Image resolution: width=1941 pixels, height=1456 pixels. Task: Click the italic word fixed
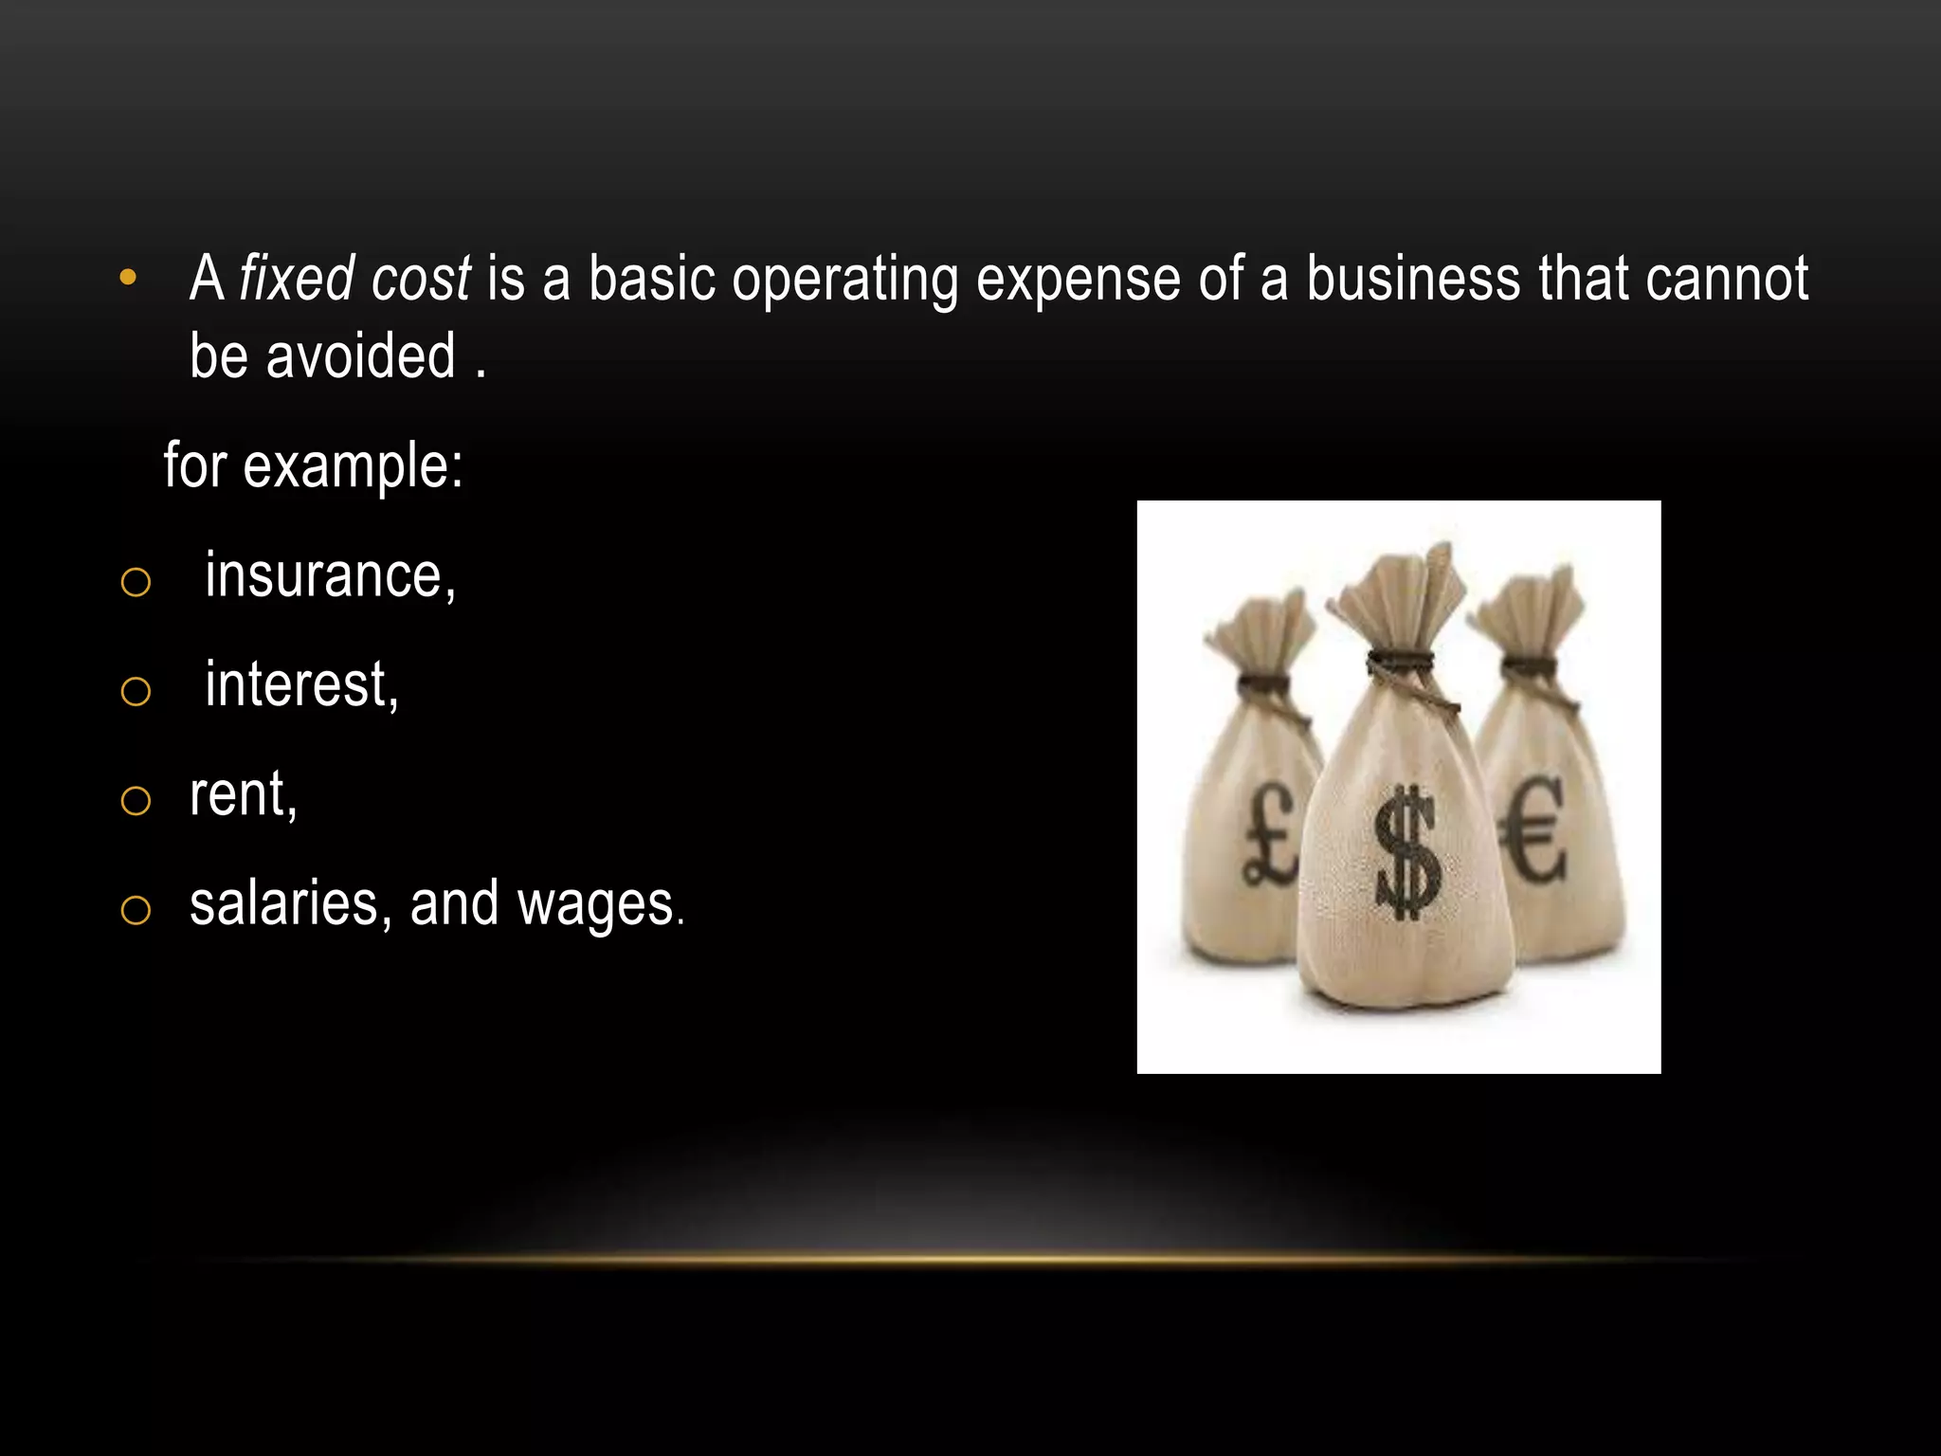pyautogui.click(x=297, y=279)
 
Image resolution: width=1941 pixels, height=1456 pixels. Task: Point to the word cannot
pyautogui.click(x=1727, y=279)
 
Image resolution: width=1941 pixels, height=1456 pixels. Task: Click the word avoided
pyautogui.click(x=360, y=356)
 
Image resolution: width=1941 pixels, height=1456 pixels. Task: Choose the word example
pyautogui.click(x=353, y=466)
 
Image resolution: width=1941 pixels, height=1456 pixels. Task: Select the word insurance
pyautogui.click(x=329, y=575)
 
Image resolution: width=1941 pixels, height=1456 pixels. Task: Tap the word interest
pyautogui.click(x=300, y=684)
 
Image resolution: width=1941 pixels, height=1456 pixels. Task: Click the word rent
pyautogui.click(x=242, y=794)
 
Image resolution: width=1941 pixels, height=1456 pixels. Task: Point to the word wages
pyautogui.click(x=596, y=903)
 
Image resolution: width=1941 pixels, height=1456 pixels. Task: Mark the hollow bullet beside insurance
pyautogui.click(x=136, y=582)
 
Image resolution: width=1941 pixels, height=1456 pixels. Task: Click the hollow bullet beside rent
pyautogui.click(x=136, y=801)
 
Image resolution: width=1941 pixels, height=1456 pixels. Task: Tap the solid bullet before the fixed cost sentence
pyautogui.click(x=128, y=279)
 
